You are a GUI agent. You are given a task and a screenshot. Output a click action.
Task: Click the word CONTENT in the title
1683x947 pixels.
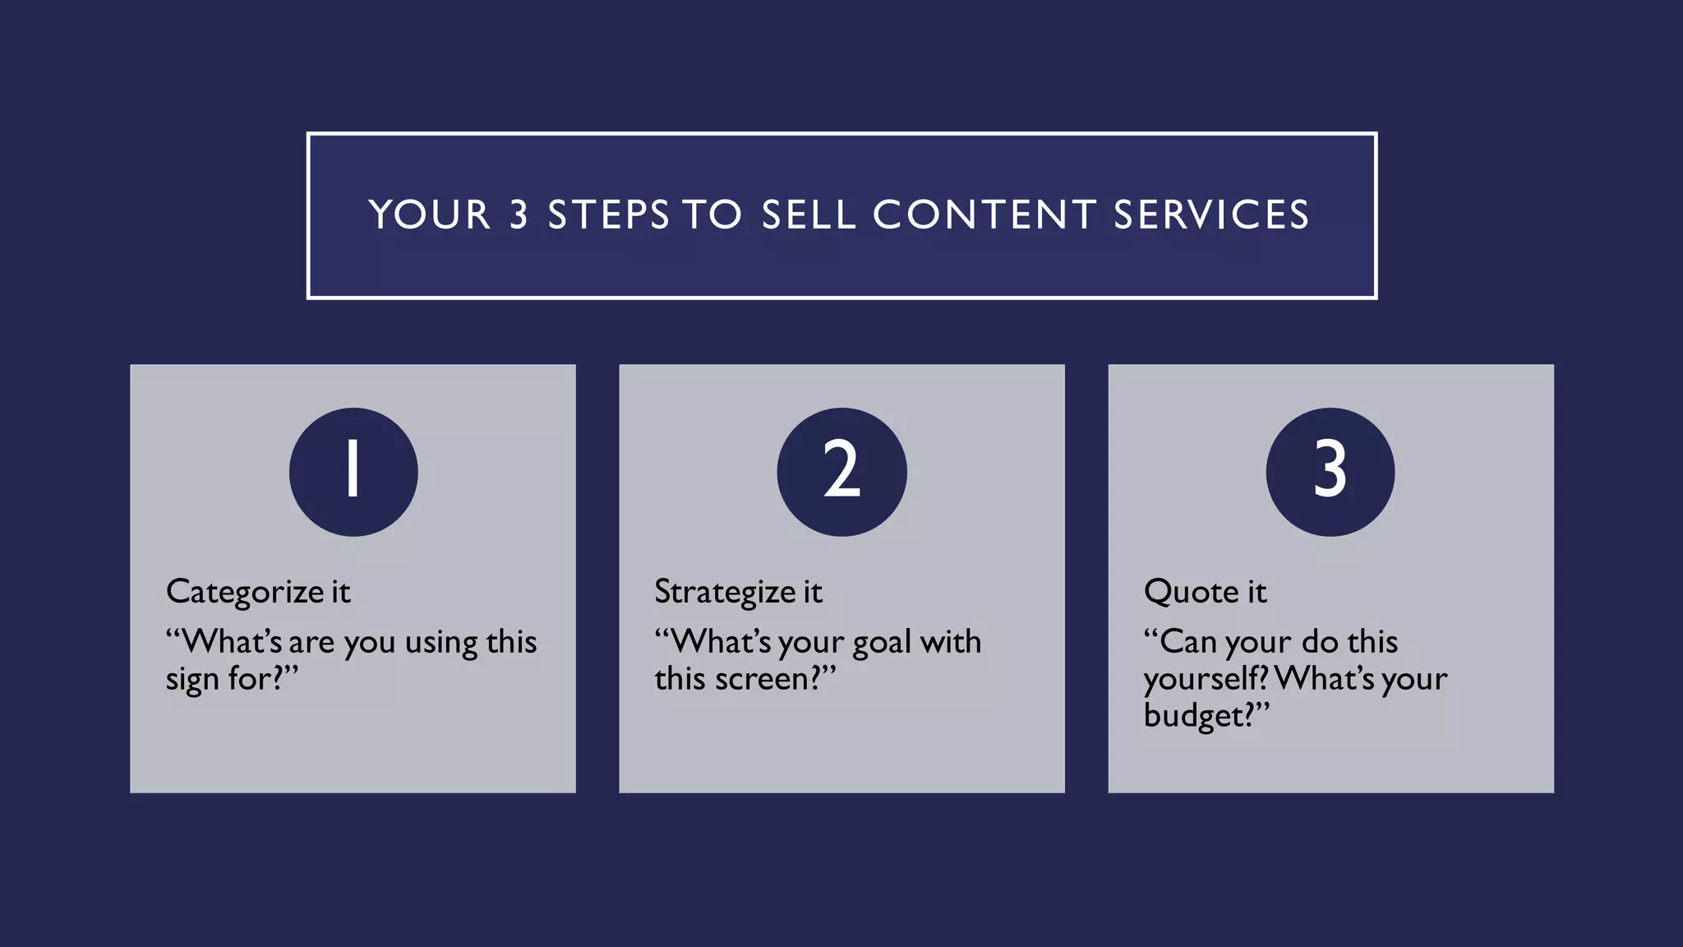pyautogui.click(x=984, y=215)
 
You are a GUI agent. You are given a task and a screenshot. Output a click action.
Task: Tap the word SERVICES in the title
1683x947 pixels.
pyautogui.click(x=1210, y=215)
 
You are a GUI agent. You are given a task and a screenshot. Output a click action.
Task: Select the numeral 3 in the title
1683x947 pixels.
pyautogui.click(x=519, y=215)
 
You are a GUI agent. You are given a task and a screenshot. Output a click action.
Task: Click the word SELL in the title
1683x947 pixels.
pyautogui.click(x=809, y=215)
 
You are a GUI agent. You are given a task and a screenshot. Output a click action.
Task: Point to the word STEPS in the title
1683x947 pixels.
pyautogui.click(x=609, y=215)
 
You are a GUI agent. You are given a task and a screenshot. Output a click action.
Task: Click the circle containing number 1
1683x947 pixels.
pyautogui.click(x=353, y=472)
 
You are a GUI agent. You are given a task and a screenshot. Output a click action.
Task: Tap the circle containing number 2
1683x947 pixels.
pyautogui.click(x=841, y=472)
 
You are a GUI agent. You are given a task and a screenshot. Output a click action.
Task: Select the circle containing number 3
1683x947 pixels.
pyautogui.click(x=1330, y=472)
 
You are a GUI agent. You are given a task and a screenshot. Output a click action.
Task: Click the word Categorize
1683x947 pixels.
pyautogui.click(x=245, y=592)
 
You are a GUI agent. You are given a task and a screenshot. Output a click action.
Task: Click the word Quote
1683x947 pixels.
pyautogui.click(x=1191, y=592)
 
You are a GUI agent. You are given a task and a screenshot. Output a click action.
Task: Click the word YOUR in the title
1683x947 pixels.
pyautogui.click(x=430, y=215)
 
